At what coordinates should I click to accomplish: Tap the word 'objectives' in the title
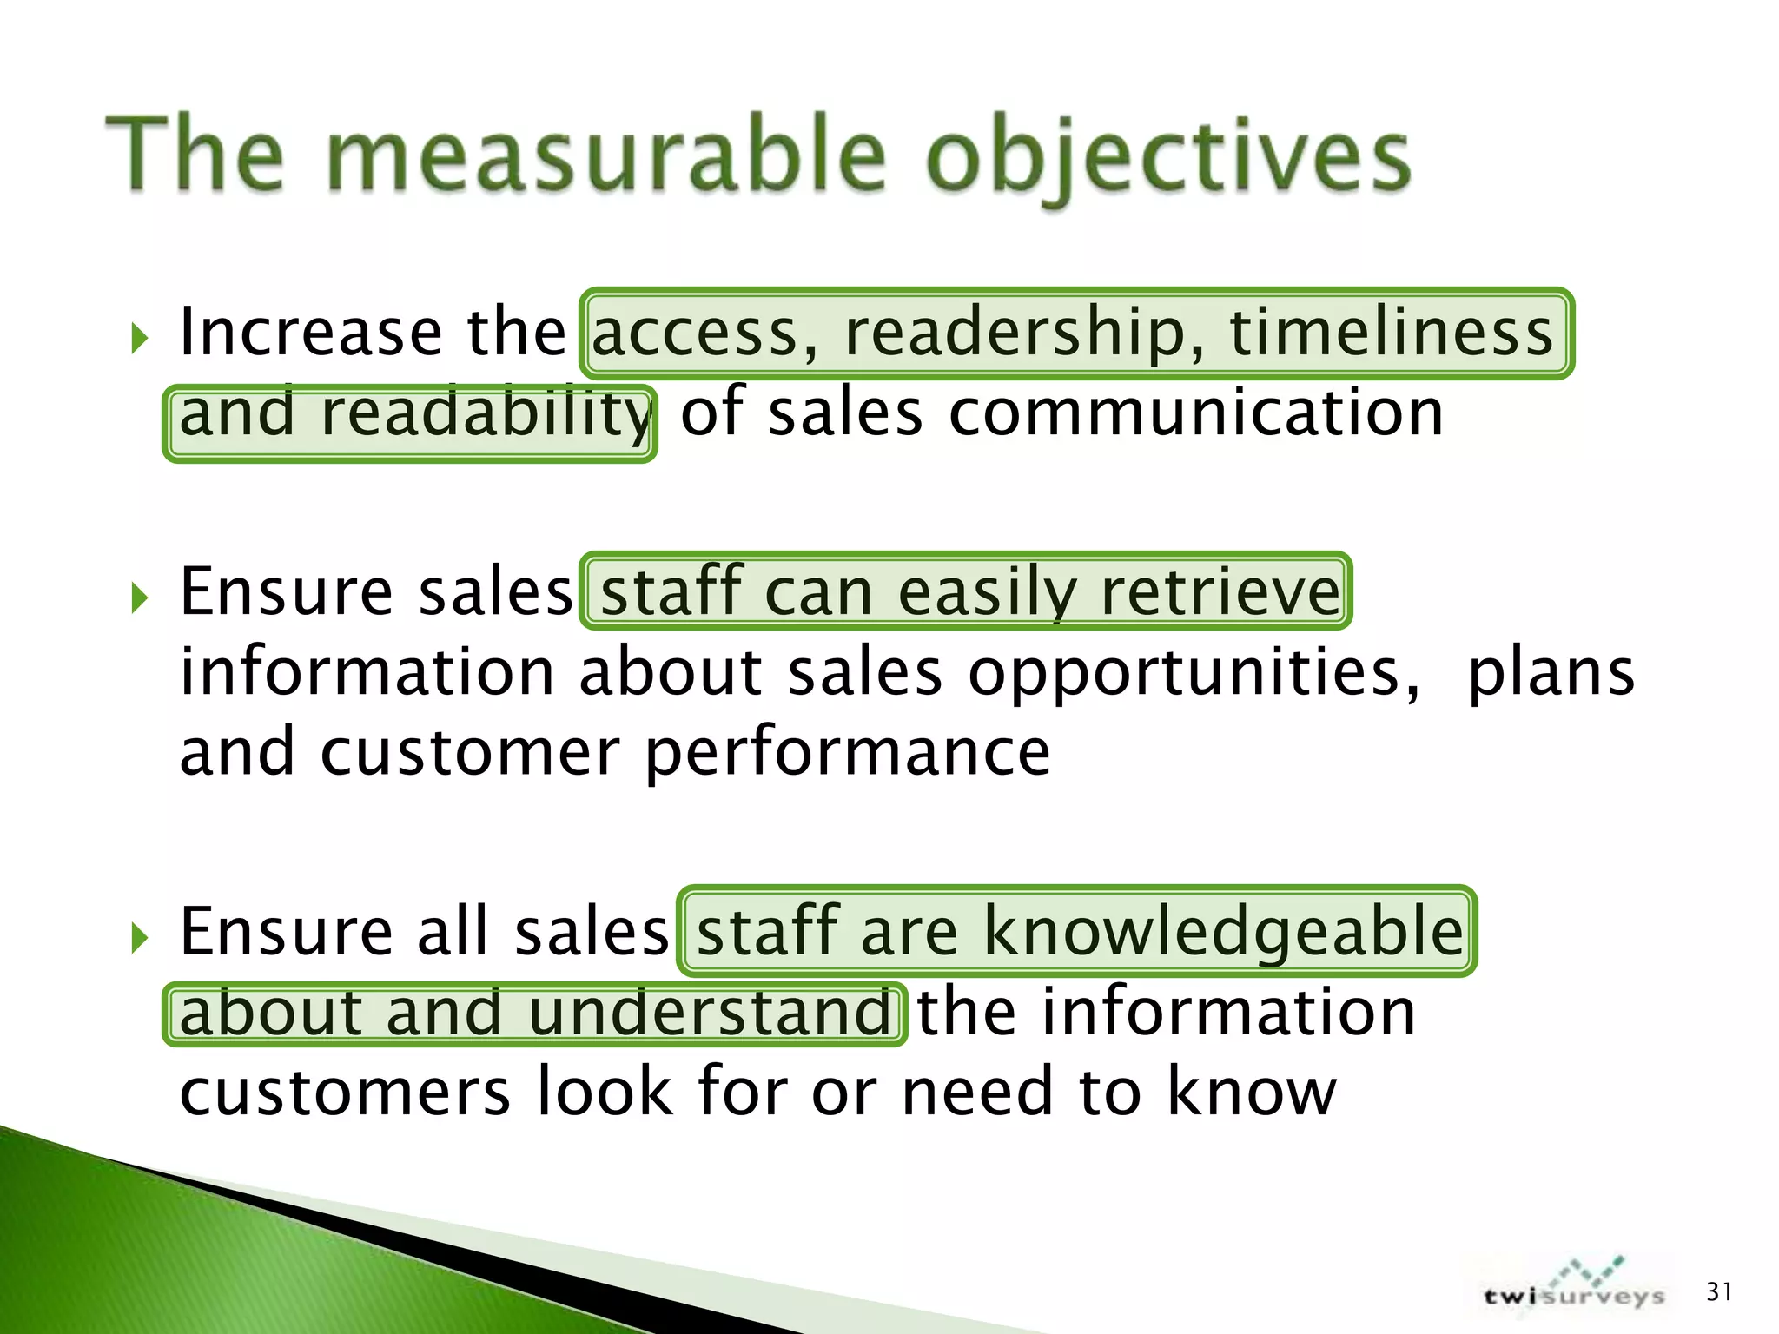1167,161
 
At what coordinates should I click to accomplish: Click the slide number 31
1718,1291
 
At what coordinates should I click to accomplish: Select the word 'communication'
1195,413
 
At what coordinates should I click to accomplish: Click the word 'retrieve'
1220,592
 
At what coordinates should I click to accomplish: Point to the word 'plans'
1551,673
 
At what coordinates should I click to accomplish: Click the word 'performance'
848,752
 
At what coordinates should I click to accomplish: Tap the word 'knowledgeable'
1222,931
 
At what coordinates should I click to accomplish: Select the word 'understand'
709,1013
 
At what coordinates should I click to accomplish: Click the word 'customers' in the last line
346,1093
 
